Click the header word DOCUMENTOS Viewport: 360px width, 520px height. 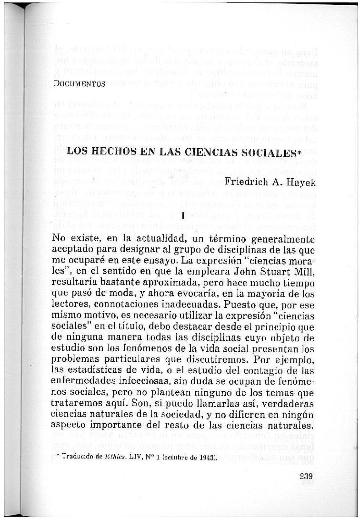point(80,84)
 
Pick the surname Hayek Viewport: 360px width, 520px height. point(303,182)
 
